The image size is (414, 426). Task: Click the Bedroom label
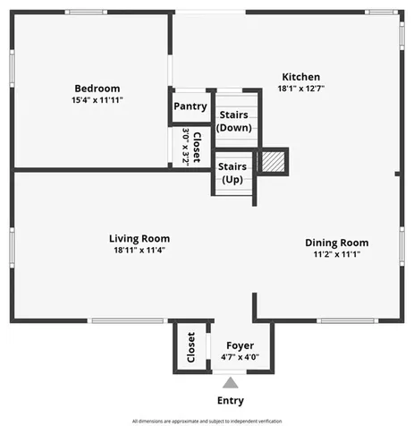97,88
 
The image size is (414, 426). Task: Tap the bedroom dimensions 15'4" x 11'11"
97,99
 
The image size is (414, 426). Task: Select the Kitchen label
301,77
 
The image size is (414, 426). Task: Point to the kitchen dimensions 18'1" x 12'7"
301,89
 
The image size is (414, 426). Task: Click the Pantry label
190,106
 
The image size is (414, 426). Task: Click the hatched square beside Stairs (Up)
271,162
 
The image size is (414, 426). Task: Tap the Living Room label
139,239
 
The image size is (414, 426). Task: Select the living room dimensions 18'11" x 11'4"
139,251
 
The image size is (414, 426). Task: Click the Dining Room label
336,243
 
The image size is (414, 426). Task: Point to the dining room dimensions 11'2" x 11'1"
336,254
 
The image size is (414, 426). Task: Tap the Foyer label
240,345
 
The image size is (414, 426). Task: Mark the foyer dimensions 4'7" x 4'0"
240,357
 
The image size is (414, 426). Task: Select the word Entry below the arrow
230,401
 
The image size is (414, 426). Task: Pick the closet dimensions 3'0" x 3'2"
186,143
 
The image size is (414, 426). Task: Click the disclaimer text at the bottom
207,420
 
